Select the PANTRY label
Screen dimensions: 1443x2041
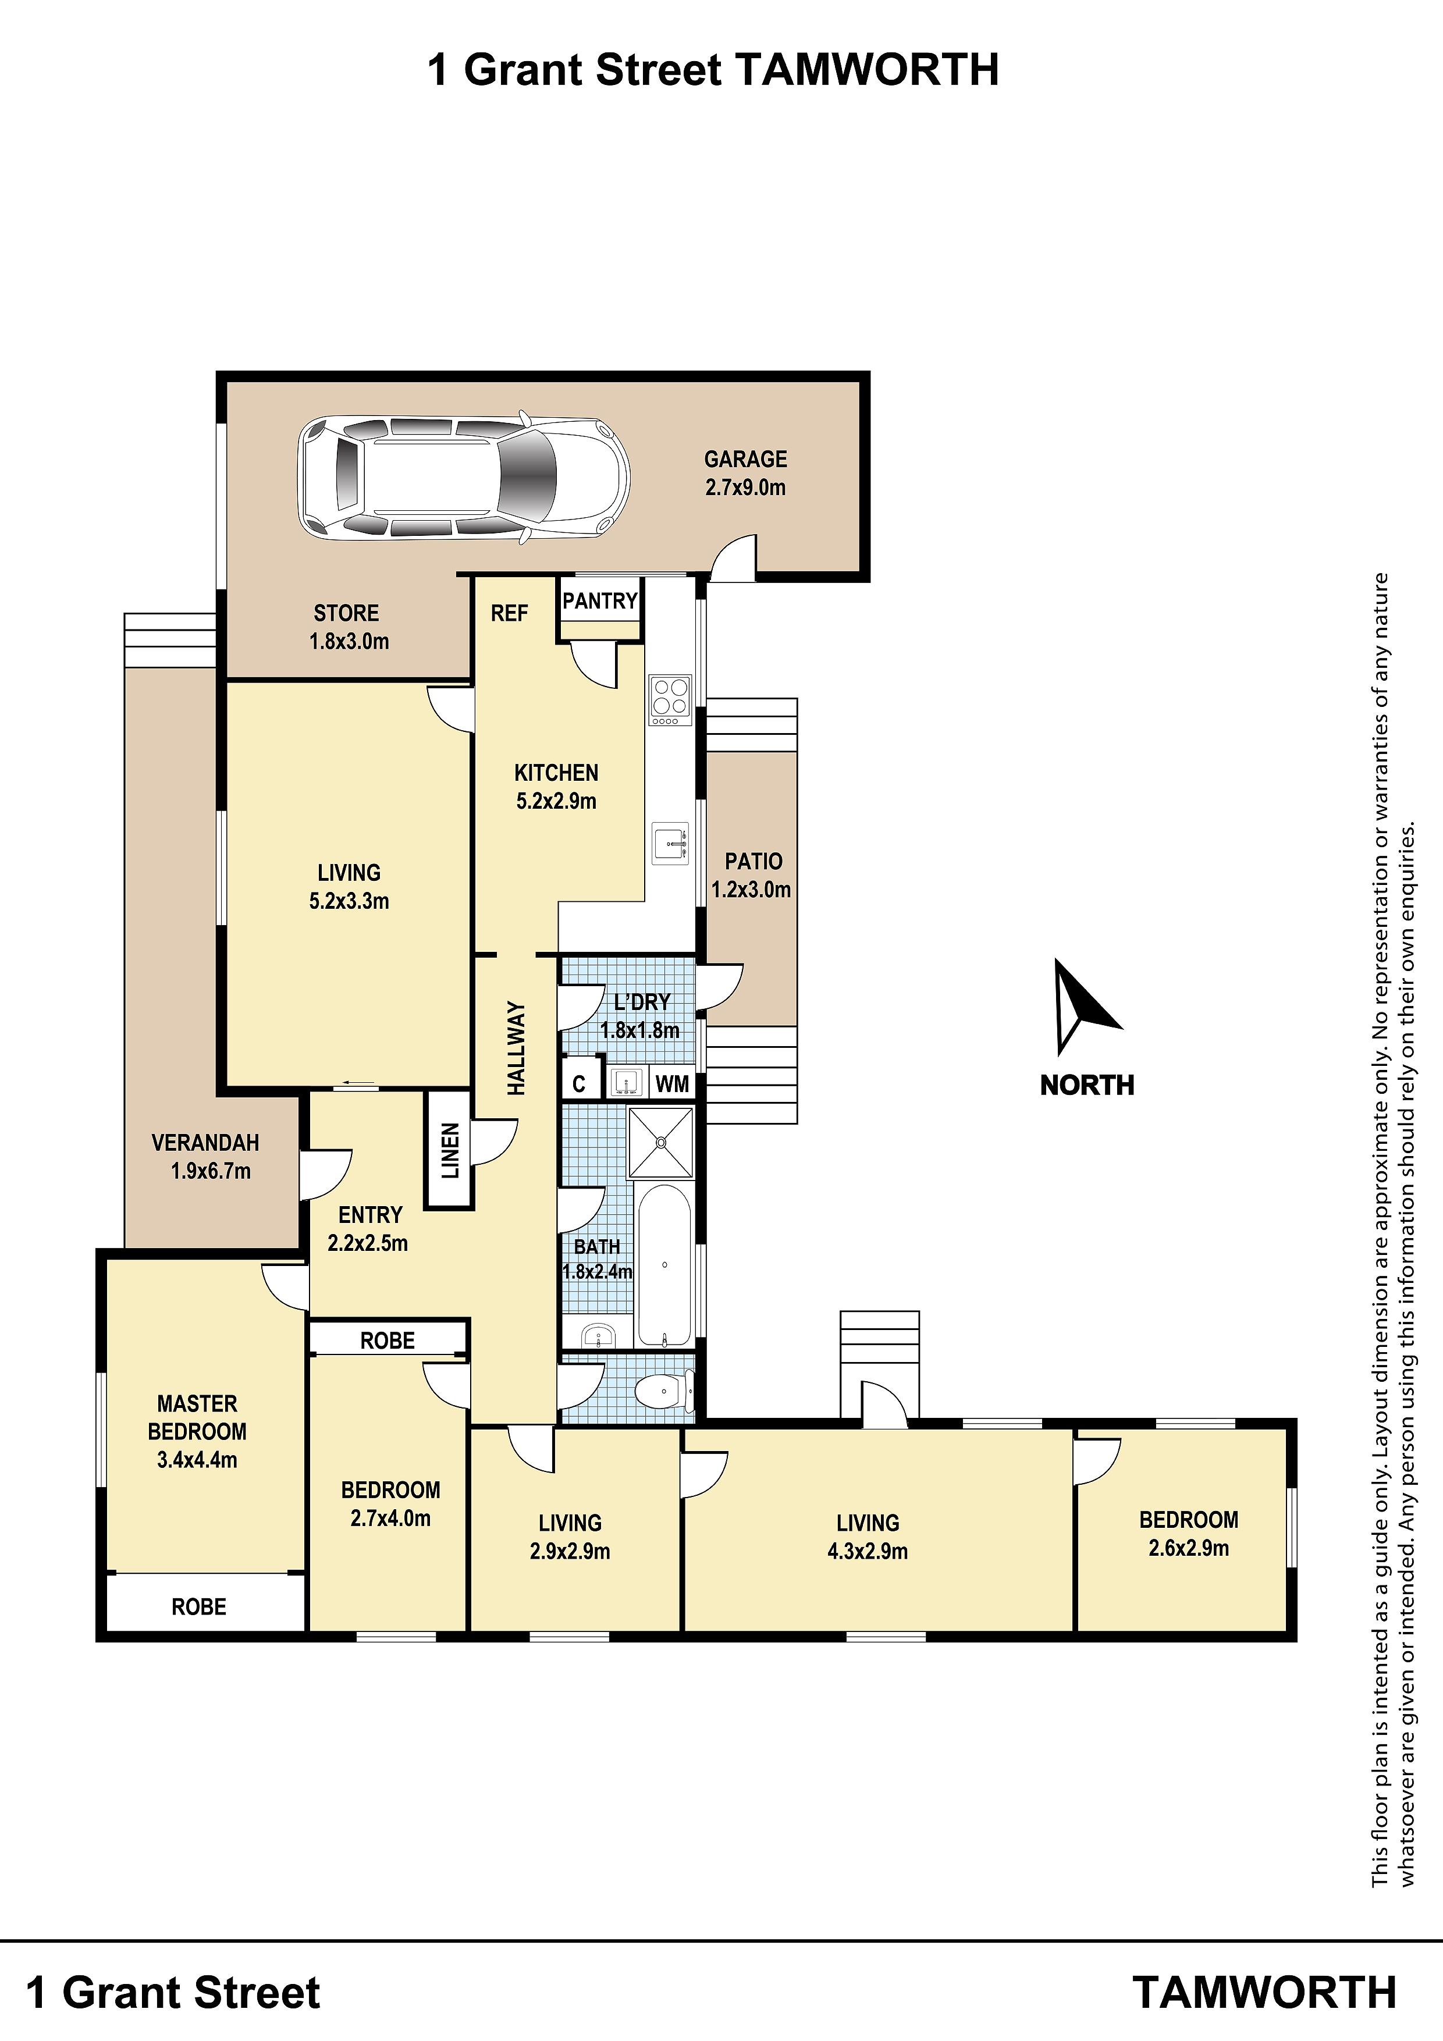pyautogui.click(x=600, y=601)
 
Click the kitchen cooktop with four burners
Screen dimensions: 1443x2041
pyautogui.click(x=670, y=699)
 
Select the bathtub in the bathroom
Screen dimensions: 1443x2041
pyautogui.click(x=664, y=1265)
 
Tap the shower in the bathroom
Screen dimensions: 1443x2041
pyautogui.click(x=660, y=1142)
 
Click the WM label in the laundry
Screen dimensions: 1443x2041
pyautogui.click(x=672, y=1083)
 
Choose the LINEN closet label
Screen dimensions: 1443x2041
pyautogui.click(x=450, y=1150)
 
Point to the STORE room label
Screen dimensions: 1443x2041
pyautogui.click(x=347, y=613)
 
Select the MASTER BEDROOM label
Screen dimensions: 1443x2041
pyautogui.click(x=197, y=1418)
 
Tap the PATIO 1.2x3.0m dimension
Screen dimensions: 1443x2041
pyautogui.click(x=751, y=890)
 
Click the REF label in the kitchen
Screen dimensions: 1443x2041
pyautogui.click(x=510, y=613)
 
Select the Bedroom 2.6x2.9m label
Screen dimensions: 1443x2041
pyautogui.click(x=1189, y=1534)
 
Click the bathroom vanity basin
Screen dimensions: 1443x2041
pyautogui.click(x=598, y=1335)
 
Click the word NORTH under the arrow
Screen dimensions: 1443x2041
pyautogui.click(x=1087, y=1086)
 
